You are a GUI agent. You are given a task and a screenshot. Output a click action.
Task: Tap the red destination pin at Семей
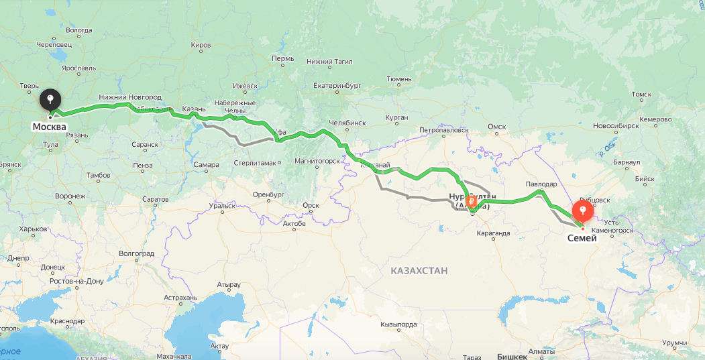[583, 212]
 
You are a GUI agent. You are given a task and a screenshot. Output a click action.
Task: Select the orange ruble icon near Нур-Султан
[472, 201]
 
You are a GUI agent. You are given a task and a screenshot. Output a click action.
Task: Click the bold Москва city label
[50, 127]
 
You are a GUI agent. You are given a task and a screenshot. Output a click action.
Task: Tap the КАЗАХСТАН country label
[419, 270]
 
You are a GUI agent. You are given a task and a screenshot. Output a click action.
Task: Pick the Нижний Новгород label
[129, 97]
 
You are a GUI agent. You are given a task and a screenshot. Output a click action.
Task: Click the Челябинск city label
[347, 123]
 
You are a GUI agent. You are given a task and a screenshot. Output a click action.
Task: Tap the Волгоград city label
[136, 253]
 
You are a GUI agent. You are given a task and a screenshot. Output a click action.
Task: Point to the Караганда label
[492, 233]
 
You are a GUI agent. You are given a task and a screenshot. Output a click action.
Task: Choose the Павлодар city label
[541, 184]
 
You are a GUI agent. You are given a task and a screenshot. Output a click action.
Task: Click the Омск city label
[496, 126]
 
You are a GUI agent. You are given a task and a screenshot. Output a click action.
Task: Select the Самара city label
[206, 164]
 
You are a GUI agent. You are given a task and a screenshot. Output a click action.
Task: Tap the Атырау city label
[228, 284]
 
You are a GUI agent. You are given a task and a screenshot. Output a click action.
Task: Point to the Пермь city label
[283, 58]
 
